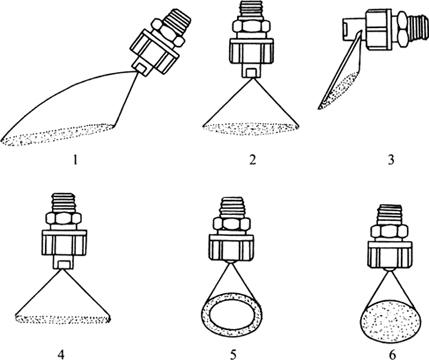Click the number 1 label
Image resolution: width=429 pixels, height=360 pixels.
75,160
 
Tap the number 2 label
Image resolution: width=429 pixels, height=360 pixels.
252,160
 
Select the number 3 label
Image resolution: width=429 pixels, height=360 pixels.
391,160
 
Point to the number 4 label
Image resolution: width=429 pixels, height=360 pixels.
61,354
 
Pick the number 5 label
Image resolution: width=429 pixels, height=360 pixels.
233,354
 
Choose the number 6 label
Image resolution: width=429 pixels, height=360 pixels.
392,354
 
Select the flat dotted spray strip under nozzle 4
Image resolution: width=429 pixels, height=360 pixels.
63,319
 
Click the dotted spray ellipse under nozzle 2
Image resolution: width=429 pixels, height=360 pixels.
251,129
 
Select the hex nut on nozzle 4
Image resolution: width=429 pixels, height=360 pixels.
63,219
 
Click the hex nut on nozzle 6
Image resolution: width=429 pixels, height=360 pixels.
389,231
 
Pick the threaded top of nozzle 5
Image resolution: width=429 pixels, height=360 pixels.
233,207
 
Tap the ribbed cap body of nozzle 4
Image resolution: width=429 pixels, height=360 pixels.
64,242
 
